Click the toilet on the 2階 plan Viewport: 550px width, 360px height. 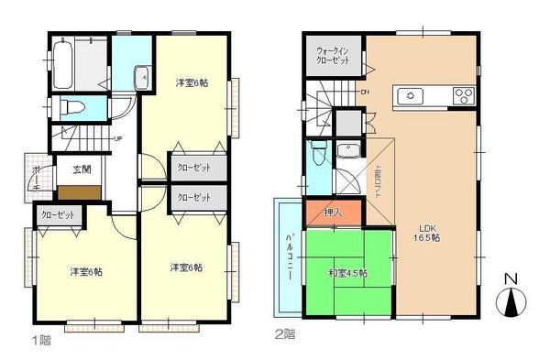click(x=318, y=152)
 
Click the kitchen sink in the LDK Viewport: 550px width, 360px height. click(x=408, y=95)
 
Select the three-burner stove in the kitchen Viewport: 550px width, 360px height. click(x=461, y=94)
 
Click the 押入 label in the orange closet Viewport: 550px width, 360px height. click(x=333, y=213)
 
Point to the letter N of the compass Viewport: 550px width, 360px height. click(x=512, y=277)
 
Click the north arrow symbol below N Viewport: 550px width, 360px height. click(x=512, y=302)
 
